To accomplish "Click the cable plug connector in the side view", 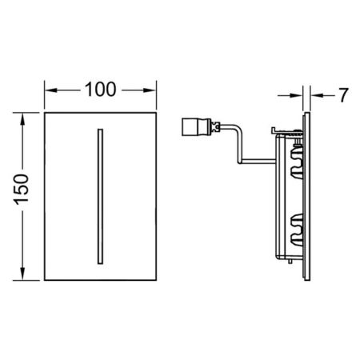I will [193, 126].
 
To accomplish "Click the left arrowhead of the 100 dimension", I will [48, 90].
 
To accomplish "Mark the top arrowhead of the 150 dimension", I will [25, 115].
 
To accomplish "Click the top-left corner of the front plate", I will [45, 110].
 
